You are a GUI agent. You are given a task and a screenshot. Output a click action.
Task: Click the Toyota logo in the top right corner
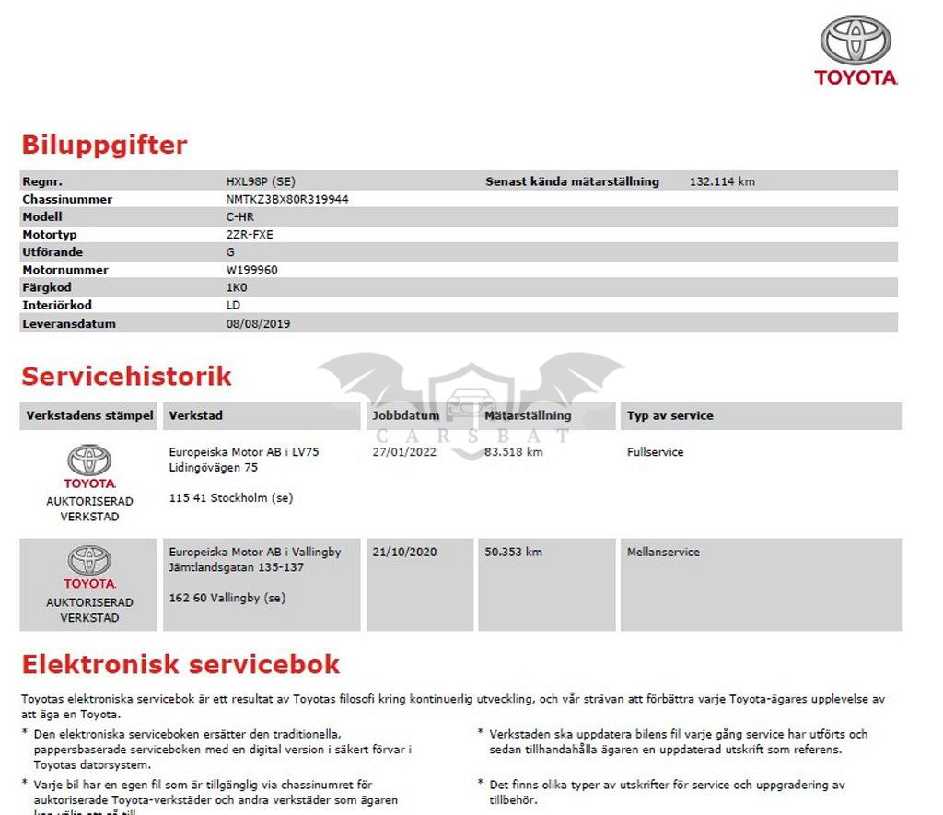[856, 51]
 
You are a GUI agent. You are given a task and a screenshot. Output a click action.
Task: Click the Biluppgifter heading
[104, 146]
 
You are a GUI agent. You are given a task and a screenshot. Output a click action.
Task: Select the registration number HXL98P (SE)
[261, 181]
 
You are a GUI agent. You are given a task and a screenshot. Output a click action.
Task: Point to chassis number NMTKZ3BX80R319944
[287, 199]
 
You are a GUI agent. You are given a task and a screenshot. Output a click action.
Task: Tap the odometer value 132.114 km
[722, 181]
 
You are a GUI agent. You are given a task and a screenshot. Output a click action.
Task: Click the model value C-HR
[240, 216]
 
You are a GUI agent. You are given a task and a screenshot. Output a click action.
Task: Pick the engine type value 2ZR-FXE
[250, 234]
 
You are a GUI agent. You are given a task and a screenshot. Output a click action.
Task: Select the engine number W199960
[251, 270]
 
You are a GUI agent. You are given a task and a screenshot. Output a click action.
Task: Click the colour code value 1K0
[237, 287]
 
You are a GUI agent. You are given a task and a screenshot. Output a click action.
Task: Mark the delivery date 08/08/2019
[258, 324]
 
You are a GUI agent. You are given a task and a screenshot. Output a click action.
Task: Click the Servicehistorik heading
[126, 377]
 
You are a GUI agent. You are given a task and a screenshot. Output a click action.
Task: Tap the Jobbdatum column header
[405, 415]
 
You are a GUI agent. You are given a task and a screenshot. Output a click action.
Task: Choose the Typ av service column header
[670, 415]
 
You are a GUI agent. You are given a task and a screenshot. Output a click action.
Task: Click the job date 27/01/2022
[404, 452]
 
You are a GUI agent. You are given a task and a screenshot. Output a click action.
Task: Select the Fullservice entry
[655, 452]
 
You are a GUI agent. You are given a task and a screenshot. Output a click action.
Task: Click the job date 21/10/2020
[404, 552]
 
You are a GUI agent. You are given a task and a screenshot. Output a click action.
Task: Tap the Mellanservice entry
[663, 552]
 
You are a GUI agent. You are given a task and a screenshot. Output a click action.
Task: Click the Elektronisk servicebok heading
[180, 664]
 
